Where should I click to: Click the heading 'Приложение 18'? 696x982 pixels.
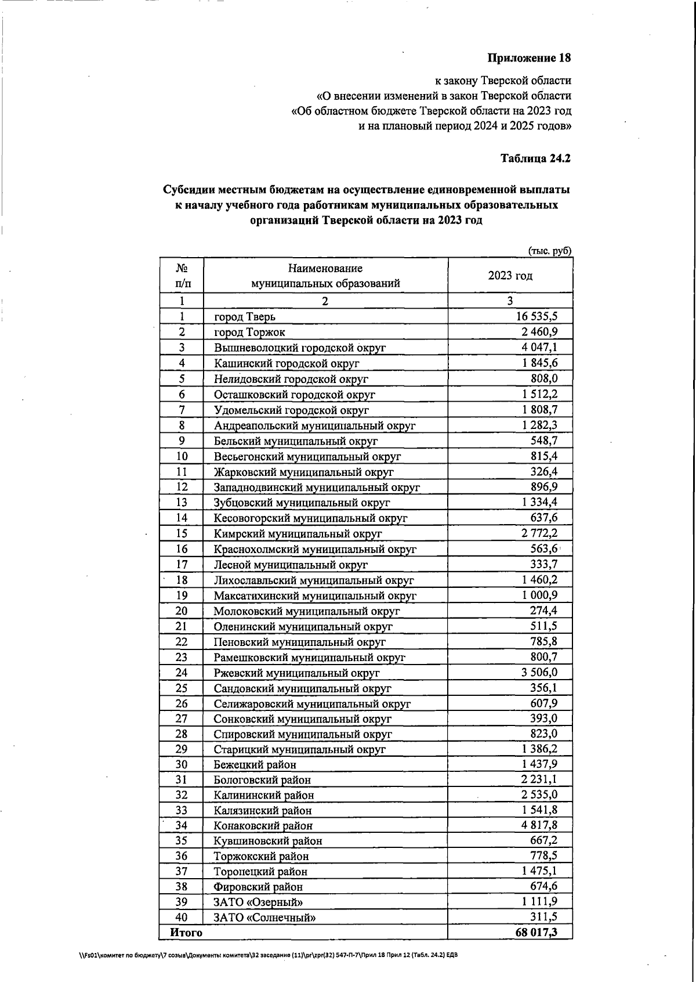pos(529,58)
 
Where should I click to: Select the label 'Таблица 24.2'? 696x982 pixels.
pos(536,158)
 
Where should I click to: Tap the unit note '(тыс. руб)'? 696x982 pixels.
pos(549,251)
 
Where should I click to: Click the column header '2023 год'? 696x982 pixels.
pos(510,276)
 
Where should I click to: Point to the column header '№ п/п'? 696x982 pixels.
pos(182,276)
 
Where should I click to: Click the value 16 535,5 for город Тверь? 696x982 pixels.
pos(536,316)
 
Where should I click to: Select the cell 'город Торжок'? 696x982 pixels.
pos(249,333)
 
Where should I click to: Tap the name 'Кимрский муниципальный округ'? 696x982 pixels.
pos(298,533)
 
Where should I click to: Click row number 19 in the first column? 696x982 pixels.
pos(182,595)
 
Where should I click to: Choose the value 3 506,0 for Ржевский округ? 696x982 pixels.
pos(539,672)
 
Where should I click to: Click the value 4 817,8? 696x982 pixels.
pos(539,825)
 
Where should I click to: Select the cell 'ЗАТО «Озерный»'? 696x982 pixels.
pos(258,902)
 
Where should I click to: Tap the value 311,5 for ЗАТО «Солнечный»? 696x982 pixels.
pos(544,917)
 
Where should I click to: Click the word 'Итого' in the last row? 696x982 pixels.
pos(186,933)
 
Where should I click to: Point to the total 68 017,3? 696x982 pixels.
pos(536,933)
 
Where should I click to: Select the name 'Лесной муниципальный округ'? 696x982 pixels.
pos(291,564)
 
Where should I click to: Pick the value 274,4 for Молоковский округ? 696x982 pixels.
pos(543,611)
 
